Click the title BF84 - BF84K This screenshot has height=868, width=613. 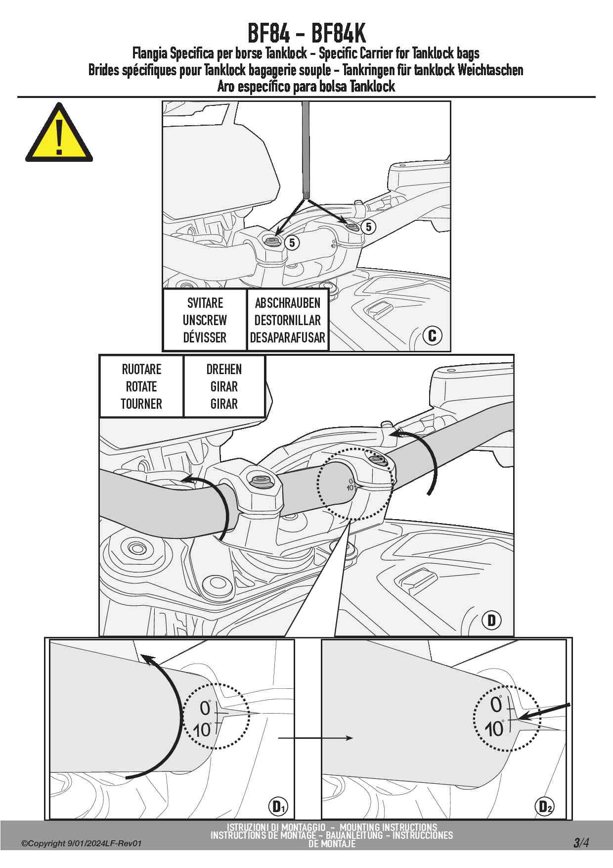point(306,34)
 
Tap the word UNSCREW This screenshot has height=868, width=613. point(205,320)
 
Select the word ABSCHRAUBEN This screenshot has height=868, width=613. point(287,303)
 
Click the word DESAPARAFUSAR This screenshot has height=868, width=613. point(287,338)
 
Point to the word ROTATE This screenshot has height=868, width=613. point(141,386)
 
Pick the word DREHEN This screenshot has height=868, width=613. point(224,369)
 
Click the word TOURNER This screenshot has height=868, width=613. point(141,404)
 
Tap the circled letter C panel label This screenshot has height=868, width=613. point(432,336)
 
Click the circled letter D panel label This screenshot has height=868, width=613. point(491,620)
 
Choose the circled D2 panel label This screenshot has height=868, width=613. point(544,807)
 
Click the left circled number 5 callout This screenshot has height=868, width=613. point(292,242)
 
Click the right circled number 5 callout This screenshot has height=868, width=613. point(368,227)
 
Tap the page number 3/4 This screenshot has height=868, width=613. point(581,842)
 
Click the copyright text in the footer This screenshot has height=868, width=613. point(82,843)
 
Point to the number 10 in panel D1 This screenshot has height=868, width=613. point(202,730)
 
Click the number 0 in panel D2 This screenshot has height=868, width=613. point(496,705)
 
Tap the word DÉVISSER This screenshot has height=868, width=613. point(205,338)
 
